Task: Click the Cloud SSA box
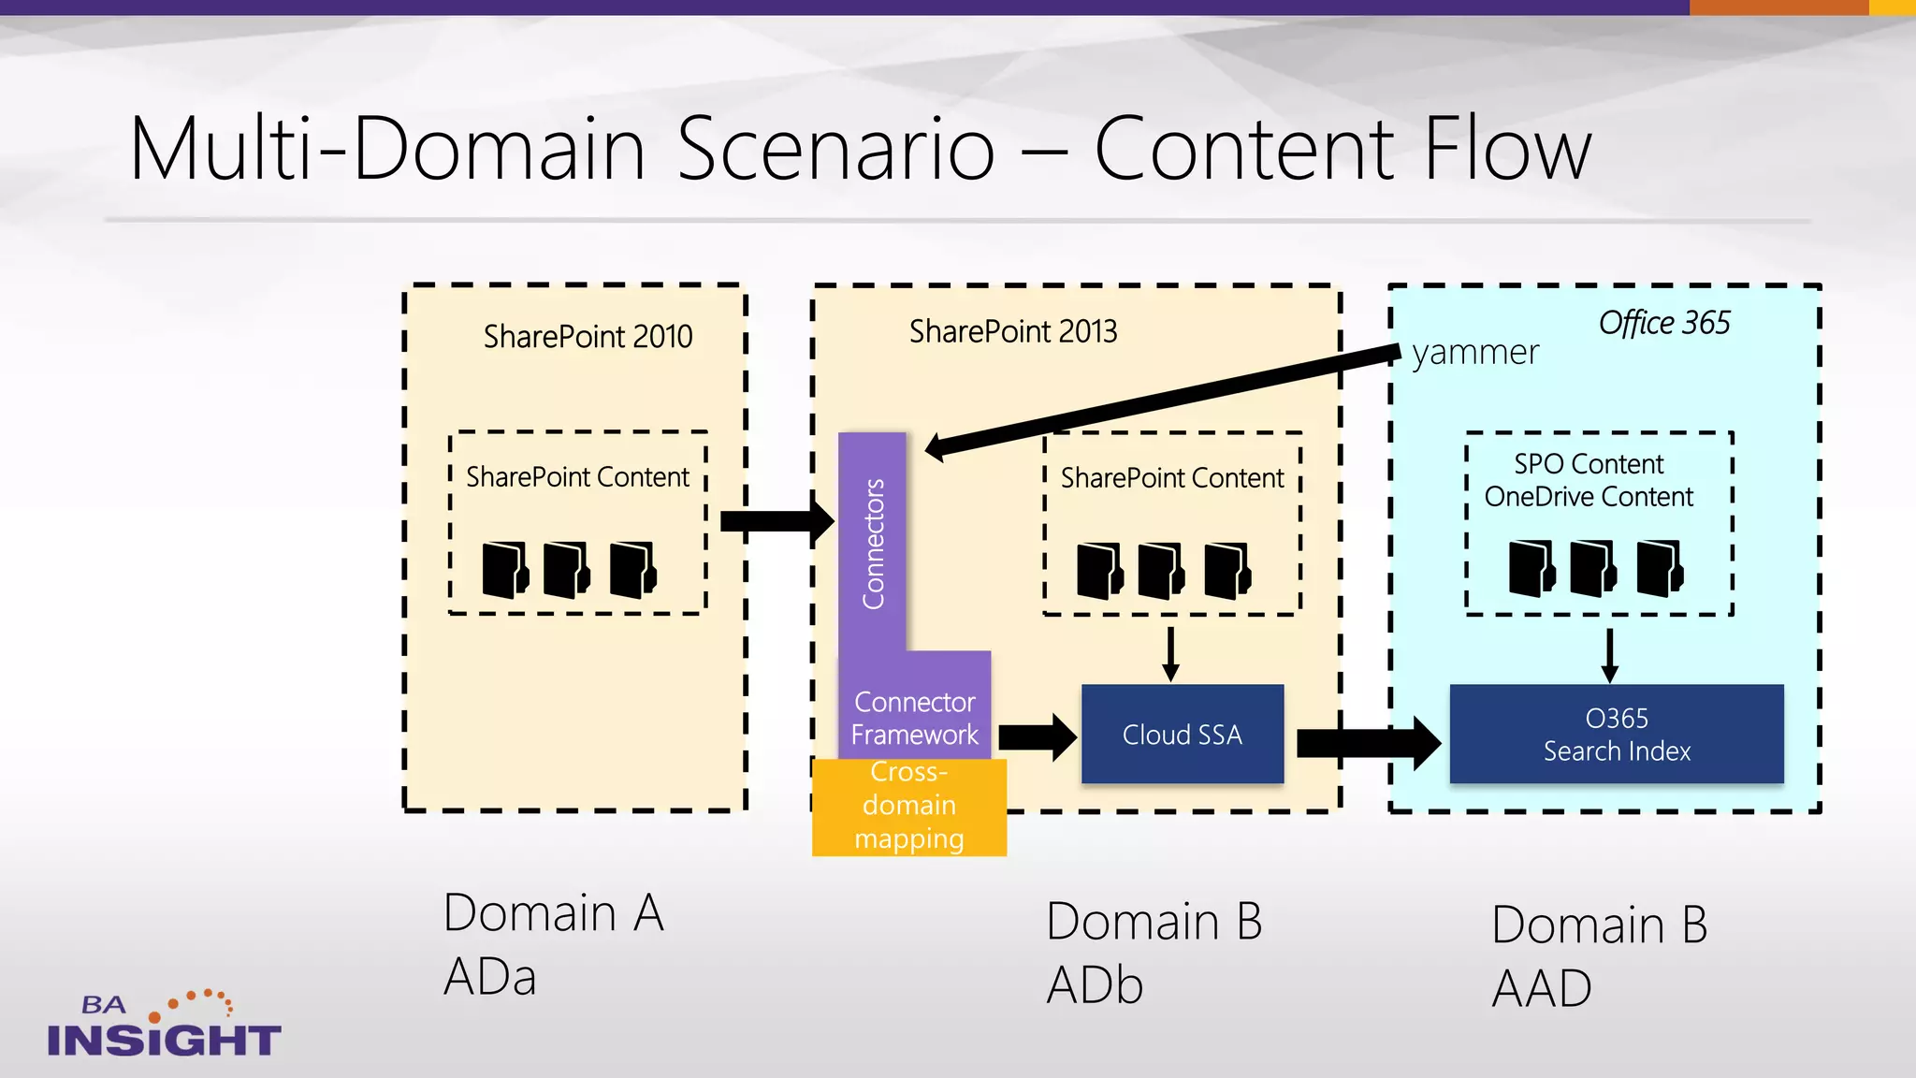coord(1182,735)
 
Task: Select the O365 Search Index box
coord(1616,735)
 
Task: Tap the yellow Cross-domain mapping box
coord(908,807)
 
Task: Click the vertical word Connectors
coord(873,544)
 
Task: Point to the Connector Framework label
coord(914,719)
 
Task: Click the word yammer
coord(1474,353)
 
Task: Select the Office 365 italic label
coord(1663,323)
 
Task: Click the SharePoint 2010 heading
coord(588,337)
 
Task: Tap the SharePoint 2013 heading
coord(1013,331)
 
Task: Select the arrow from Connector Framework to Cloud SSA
coord(1037,736)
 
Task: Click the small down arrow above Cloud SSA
coord(1170,654)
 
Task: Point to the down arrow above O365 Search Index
coord(1609,655)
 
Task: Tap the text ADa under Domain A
coord(490,977)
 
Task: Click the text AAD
coord(1542,989)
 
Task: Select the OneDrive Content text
coord(1589,497)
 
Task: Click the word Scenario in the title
coord(835,149)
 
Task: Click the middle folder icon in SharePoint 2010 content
coord(566,569)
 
